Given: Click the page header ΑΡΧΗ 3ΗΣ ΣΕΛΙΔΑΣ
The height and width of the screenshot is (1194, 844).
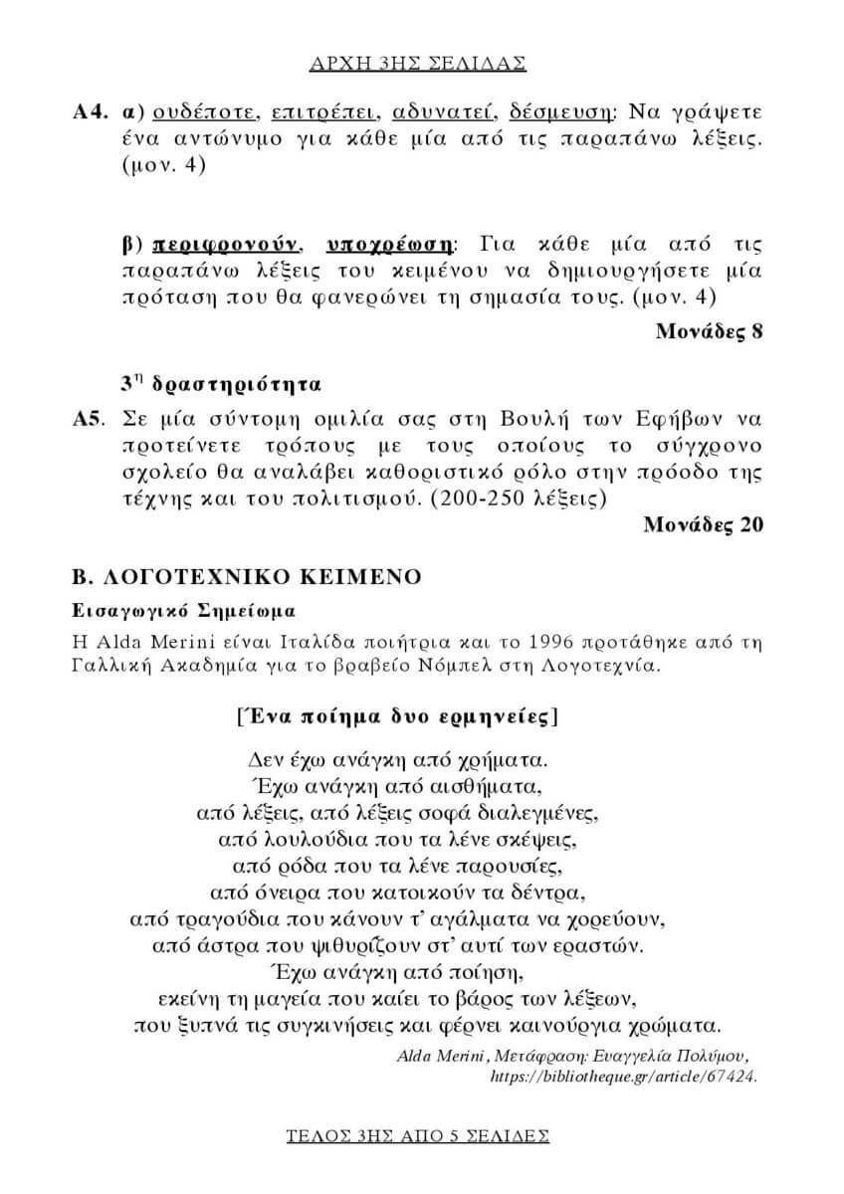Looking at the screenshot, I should [421, 63].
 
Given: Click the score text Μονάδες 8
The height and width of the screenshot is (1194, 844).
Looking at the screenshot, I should [709, 331].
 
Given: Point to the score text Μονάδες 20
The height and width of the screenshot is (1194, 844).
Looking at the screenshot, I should [703, 524].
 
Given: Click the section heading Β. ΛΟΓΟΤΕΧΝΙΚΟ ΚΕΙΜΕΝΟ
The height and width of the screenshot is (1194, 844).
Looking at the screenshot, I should [246, 576].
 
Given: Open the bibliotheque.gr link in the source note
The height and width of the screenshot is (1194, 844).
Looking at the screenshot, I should [624, 1077].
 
